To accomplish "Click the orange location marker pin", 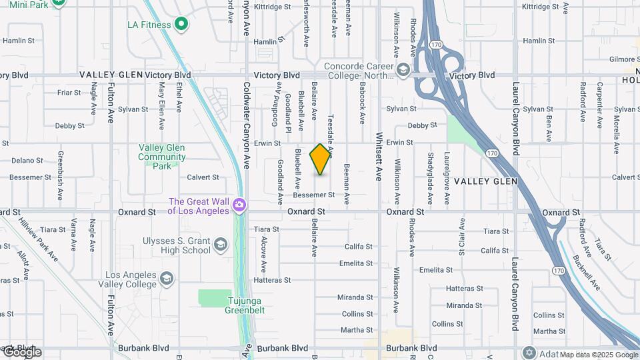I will click(321, 159).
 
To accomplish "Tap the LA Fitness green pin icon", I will click(181, 25).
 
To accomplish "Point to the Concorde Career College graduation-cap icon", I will click(403, 70).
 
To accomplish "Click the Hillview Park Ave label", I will click(39, 239).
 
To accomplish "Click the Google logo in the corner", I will click(21, 352).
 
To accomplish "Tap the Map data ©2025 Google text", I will click(598, 355).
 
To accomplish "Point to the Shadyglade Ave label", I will click(430, 170).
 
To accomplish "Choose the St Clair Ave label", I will click(461, 236).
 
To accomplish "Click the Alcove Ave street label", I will click(264, 253).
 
